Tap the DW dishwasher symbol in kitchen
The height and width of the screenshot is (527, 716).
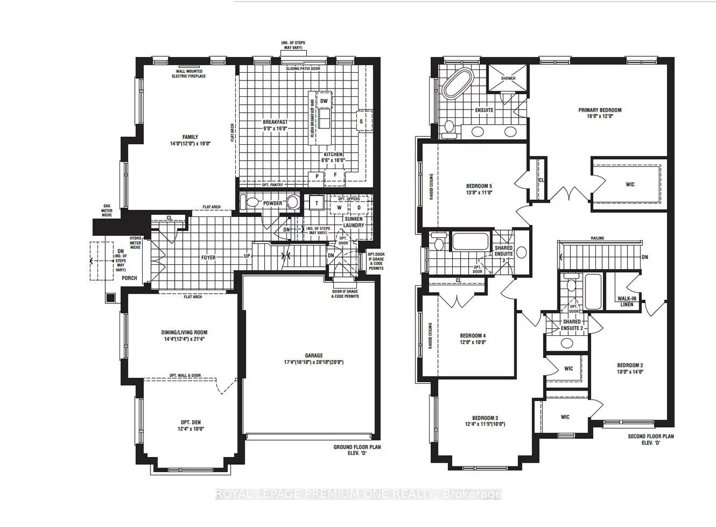(324, 101)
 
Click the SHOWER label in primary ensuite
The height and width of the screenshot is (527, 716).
(508, 78)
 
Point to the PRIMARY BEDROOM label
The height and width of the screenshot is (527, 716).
(600, 110)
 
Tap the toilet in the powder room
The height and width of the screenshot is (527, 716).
(252, 203)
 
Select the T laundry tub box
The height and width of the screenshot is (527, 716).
(317, 203)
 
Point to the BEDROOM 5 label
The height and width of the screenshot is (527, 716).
(479, 186)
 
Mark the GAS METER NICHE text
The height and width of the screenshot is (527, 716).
(106, 210)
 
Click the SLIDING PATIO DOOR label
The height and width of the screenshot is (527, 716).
(303, 69)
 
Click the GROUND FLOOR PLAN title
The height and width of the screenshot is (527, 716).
(357, 447)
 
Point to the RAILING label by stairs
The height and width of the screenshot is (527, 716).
(597, 238)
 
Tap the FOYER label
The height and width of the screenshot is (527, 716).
(208, 258)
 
